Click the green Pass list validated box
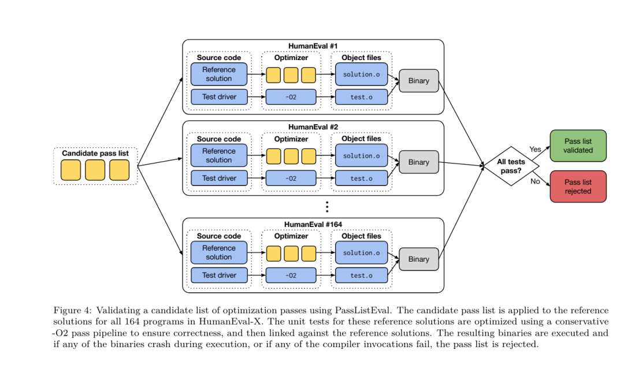[x=578, y=145]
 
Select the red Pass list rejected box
[x=578, y=186]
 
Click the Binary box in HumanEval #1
[x=418, y=81]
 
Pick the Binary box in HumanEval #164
[x=418, y=259]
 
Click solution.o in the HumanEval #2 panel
[x=361, y=155]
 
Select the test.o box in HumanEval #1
[x=361, y=97]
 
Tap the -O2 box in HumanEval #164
[x=291, y=275]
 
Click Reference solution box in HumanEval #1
[x=218, y=74]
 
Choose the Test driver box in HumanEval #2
[x=218, y=178]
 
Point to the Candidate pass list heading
[x=95, y=153]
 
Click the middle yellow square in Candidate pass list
[x=95, y=170]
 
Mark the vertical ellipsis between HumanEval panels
[x=327, y=207]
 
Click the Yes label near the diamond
[x=535, y=149]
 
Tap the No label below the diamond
[x=535, y=181]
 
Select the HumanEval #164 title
[x=313, y=224]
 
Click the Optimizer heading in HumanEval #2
[x=291, y=139]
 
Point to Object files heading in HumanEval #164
[x=361, y=236]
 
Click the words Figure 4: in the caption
[x=71, y=310]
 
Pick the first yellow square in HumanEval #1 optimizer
[x=273, y=75]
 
